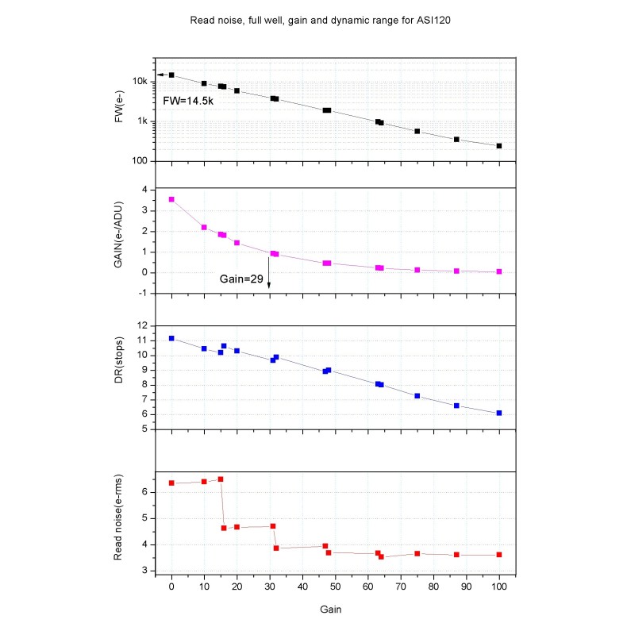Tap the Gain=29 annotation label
coord(243,279)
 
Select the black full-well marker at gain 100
coord(499,146)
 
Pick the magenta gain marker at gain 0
coord(171,199)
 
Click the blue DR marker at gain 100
coord(499,413)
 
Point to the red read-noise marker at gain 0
coord(171,483)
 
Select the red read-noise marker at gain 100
coord(499,555)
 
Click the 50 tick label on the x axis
coord(335,588)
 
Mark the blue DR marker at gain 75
coord(417,395)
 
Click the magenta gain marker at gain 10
coord(204,227)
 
